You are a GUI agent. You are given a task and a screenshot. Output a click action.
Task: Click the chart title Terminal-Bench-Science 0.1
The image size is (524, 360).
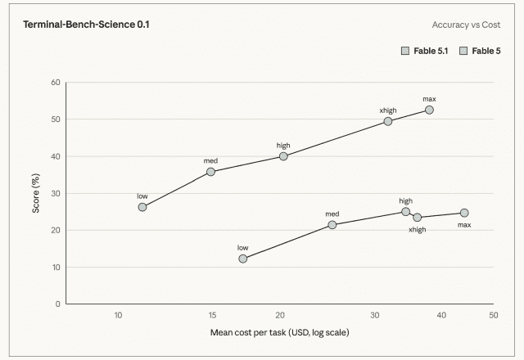86,25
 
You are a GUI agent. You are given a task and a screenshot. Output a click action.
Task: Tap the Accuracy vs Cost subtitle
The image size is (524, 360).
466,25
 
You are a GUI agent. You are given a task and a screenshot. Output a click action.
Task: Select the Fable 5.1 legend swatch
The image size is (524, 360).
405,51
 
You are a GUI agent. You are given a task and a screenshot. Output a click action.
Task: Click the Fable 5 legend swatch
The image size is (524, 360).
463,51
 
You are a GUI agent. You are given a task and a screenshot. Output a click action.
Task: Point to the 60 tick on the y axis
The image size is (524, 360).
56,83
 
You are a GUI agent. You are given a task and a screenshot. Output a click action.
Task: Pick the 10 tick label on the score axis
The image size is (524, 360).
56,268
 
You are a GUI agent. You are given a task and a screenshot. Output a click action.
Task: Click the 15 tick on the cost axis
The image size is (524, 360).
212,315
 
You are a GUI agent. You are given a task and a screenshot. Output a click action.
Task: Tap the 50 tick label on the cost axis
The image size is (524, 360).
493,315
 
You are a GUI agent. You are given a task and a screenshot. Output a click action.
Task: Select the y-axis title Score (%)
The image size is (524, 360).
35,193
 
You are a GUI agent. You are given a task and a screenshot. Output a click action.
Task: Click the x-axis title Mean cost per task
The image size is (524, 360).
280,333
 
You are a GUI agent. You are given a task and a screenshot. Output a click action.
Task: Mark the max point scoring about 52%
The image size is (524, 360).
429,110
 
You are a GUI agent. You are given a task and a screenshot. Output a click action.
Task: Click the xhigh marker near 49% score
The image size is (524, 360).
387,121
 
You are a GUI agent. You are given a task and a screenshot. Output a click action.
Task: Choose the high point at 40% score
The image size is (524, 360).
283,156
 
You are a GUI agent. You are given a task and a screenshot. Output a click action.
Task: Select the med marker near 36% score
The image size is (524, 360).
210,172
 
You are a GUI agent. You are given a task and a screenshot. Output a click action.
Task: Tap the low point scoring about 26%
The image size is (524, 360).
142,207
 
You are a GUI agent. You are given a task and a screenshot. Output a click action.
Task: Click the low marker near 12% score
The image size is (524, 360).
242,259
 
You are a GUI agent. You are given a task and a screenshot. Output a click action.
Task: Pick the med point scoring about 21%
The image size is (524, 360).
332,225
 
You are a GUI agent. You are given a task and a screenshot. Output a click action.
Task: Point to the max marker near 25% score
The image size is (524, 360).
464,213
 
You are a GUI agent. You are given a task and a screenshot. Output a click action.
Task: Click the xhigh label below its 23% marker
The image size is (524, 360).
417,230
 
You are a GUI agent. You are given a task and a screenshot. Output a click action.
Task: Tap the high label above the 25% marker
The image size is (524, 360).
406,201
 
